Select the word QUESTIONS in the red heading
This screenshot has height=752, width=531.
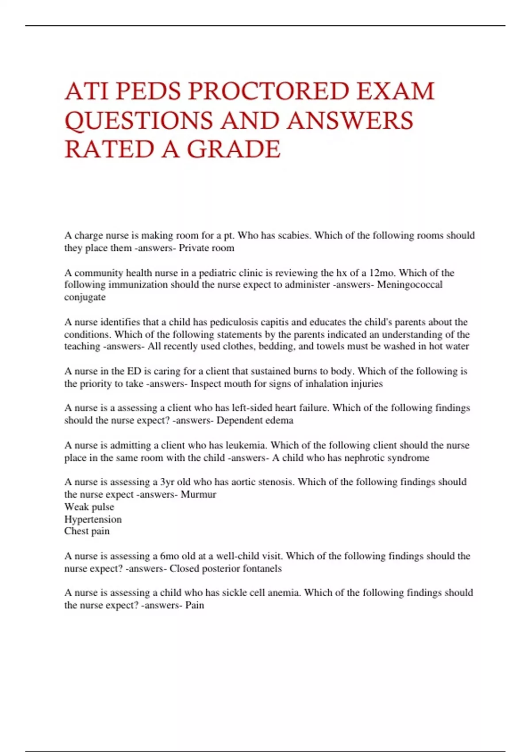141,120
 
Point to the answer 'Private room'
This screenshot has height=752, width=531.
206,248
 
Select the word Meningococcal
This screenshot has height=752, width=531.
409,284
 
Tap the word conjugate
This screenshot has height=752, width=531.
85,297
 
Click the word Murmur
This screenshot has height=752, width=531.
198,494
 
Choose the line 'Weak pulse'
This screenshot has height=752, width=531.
89,506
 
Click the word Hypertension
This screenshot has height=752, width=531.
93,519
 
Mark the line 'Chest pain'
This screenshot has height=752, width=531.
87,531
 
